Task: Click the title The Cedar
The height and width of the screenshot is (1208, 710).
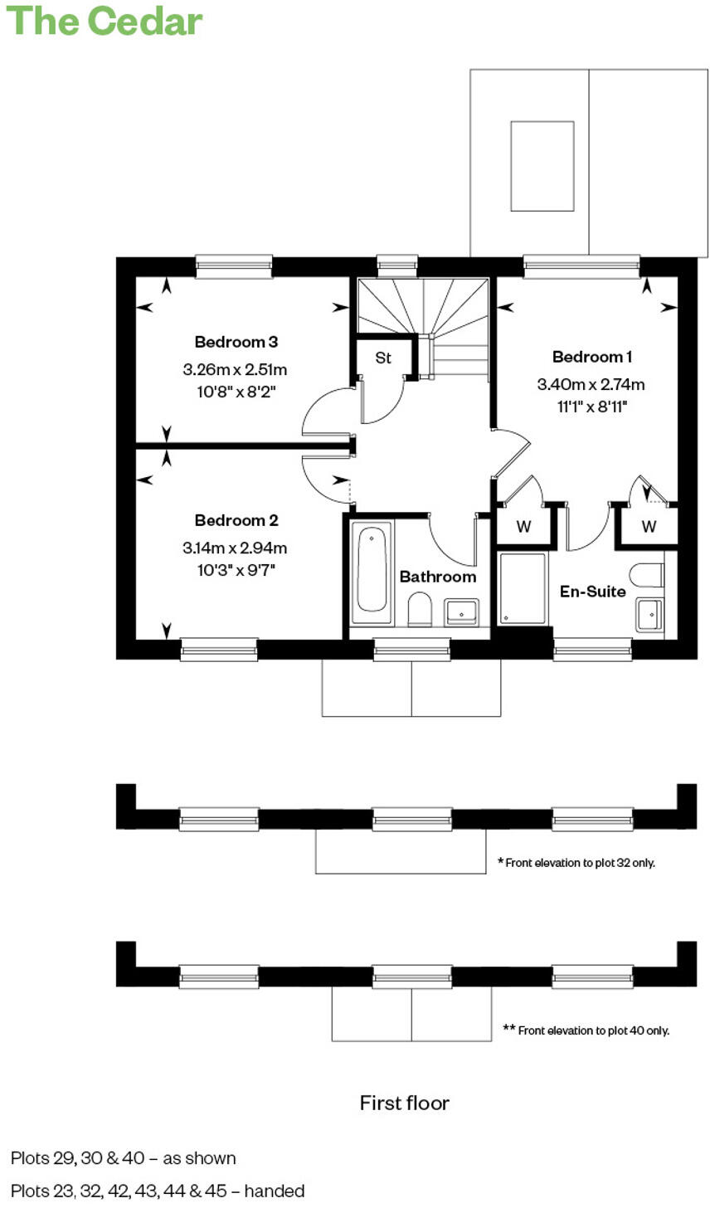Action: click(x=105, y=21)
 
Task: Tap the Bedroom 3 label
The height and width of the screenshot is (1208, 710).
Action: click(x=236, y=342)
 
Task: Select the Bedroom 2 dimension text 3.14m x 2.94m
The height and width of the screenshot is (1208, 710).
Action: click(x=235, y=548)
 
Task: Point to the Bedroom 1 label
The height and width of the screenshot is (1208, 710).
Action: click(x=592, y=357)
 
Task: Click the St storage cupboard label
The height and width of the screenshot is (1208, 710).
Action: click(x=382, y=358)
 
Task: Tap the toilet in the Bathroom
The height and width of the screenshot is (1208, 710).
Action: click(x=420, y=610)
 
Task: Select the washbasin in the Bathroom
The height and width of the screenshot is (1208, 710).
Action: click(x=461, y=612)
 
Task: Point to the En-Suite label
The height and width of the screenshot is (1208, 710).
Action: click(x=592, y=592)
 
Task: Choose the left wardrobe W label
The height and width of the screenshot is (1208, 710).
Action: click(x=523, y=527)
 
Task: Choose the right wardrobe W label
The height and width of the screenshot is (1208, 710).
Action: click(x=649, y=527)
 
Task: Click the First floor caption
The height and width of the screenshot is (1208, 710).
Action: click(x=404, y=1103)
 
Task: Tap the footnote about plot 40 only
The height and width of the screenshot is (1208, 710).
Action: click(x=586, y=1030)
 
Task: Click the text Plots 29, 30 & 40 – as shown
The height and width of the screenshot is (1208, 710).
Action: click(x=124, y=1158)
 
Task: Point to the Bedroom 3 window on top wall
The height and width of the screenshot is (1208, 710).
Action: click(x=234, y=266)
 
